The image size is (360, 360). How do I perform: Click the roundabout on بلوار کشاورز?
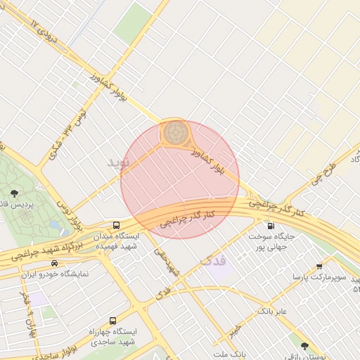pos(175,131)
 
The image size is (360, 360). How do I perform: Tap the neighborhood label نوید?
pos(119,162)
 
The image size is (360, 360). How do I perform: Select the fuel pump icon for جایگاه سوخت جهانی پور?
pos(271,226)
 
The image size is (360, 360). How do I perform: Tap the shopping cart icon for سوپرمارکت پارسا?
pos(319,266)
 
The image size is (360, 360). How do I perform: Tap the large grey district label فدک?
pos(214,260)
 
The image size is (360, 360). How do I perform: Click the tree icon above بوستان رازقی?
pos(304,346)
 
